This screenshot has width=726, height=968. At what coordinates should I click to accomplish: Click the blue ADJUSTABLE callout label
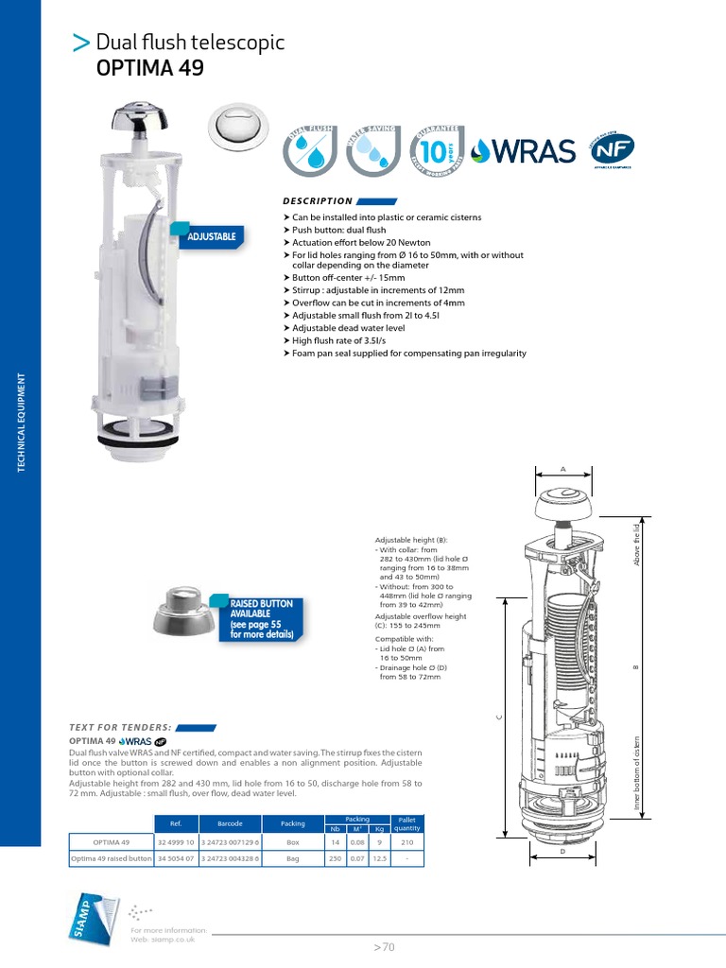(211, 236)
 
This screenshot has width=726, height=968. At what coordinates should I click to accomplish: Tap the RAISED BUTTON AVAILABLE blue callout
(262, 619)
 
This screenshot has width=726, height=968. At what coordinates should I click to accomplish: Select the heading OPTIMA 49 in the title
(149, 68)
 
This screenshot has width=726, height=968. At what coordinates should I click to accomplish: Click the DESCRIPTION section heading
(318, 201)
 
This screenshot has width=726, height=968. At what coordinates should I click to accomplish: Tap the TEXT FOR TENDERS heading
(119, 726)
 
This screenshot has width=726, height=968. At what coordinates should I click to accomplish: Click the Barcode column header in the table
(231, 823)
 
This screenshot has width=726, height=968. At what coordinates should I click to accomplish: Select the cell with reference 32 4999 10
(176, 841)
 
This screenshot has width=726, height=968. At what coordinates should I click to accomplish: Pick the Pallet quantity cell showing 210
(406, 841)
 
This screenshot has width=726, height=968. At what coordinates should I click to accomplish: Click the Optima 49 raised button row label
(112, 858)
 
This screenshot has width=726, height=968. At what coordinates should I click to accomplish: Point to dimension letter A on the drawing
(562, 468)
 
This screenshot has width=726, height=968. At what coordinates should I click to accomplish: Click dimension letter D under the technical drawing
(562, 850)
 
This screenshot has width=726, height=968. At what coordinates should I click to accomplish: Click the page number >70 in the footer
(384, 946)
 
